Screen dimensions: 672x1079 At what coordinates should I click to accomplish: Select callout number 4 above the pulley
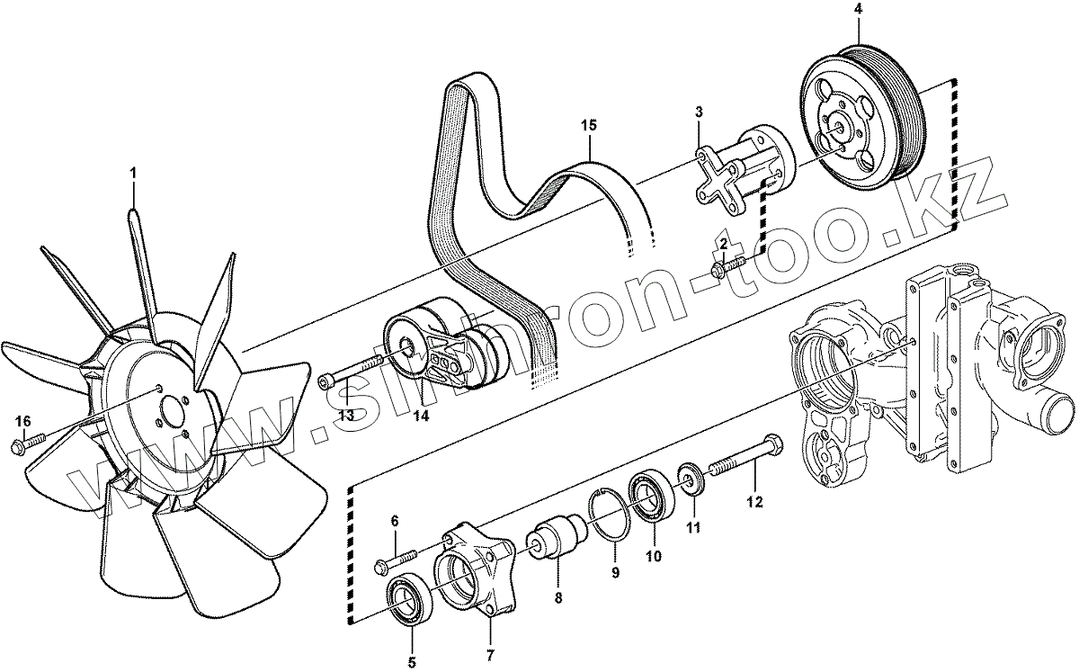tap(858, 9)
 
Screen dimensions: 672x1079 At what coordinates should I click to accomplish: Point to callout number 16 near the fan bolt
tap(23, 421)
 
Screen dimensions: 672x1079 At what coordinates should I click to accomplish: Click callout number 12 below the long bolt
tap(754, 502)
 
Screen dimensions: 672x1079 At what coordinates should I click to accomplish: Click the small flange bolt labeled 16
tap(29, 444)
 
